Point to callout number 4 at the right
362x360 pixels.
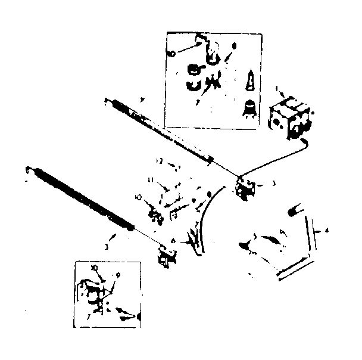[x=325, y=229]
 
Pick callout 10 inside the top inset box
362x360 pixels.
[x=171, y=54]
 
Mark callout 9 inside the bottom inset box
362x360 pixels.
[x=118, y=275]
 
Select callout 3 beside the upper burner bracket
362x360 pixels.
[x=273, y=184]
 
